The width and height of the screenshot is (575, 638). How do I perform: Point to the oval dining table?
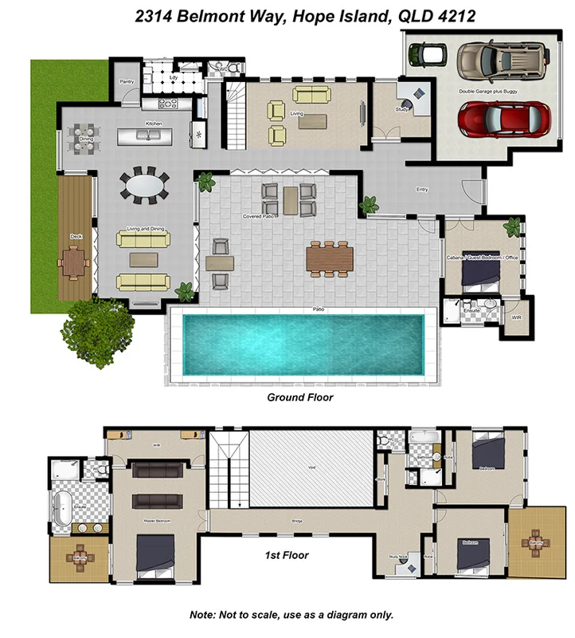coord(144,185)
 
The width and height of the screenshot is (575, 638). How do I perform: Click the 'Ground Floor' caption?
coord(299,396)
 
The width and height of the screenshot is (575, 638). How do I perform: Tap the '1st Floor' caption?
coord(286,555)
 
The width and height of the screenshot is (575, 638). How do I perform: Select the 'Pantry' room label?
coord(126,81)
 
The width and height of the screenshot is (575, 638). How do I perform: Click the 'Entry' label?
coord(422,190)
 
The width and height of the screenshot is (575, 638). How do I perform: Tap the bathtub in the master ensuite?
coord(61,506)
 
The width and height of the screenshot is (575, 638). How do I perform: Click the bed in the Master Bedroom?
coord(156,555)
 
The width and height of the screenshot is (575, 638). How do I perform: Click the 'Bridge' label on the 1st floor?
coord(297,520)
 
